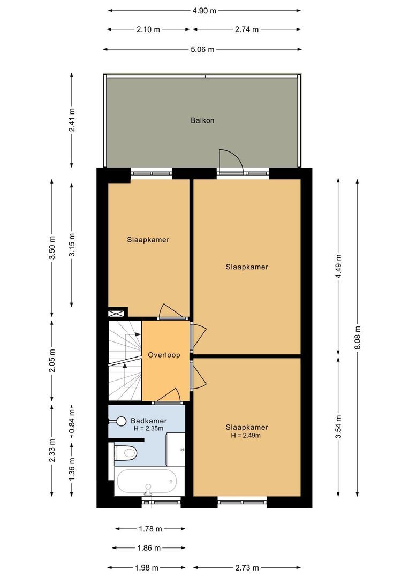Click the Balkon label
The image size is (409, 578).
click(202, 120)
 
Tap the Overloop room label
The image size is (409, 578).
click(164, 355)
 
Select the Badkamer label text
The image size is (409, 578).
click(148, 421)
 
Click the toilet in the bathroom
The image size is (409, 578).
click(126, 453)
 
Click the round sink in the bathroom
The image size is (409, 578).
click(122, 422)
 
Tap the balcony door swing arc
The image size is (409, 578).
click(231, 161)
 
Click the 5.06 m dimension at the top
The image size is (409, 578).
click(203, 50)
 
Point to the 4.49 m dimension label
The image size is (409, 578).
click(338, 265)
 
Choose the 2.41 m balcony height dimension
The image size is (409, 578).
click(72, 120)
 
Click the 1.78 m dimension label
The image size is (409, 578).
click(150, 529)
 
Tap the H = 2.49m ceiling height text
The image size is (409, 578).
click(246, 436)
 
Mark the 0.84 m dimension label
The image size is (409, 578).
click(72, 421)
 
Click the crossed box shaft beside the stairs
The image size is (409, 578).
click(118, 314)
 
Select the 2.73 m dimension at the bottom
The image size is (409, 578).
click(247, 568)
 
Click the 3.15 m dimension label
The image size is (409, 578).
click(72, 244)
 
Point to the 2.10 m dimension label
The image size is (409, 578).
click(148, 30)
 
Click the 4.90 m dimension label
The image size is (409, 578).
click(205, 10)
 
